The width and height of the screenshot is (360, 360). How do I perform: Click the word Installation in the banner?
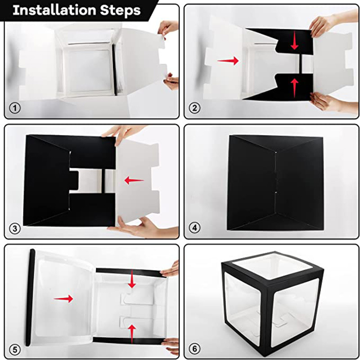[54, 10]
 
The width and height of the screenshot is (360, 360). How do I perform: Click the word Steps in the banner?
[120, 10]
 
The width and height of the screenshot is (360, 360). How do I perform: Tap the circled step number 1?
[15, 108]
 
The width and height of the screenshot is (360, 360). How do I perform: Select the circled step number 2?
[195, 108]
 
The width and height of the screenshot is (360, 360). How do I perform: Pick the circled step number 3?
[15, 228]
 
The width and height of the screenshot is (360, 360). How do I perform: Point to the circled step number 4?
[195, 228]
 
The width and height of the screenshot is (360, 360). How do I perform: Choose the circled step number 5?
[15, 350]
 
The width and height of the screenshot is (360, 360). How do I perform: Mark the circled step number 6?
[195, 349]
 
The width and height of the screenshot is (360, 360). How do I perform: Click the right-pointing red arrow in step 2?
[228, 61]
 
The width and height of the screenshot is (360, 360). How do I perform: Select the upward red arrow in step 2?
[294, 88]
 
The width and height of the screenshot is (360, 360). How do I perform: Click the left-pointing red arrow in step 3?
[134, 180]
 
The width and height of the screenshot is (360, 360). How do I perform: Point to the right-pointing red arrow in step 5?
[63, 299]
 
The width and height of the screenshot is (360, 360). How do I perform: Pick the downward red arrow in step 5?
[131, 279]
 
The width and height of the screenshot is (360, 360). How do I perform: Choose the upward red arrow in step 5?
[131, 334]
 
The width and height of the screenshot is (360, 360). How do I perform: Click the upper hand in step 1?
[168, 28]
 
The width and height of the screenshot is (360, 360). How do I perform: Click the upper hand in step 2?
[333, 22]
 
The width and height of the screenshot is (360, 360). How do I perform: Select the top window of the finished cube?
[273, 266]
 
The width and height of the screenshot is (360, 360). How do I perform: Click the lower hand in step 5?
[171, 346]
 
